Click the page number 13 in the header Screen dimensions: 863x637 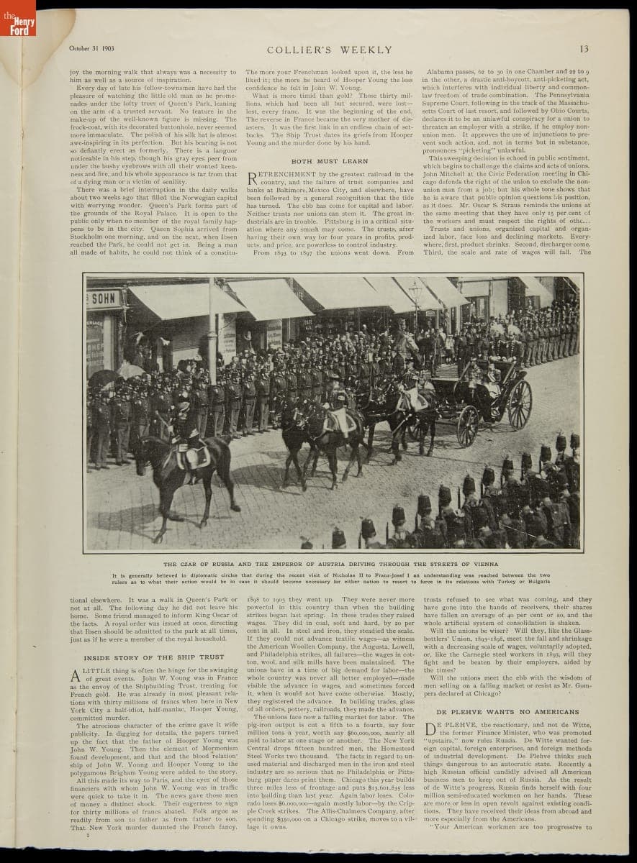(584, 50)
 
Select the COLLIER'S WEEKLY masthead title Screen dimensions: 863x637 (330, 50)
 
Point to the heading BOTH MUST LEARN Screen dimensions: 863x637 (329, 161)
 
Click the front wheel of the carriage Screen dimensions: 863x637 (467, 426)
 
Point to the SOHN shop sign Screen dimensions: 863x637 (105, 298)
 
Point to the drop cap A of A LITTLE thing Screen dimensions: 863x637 (74, 675)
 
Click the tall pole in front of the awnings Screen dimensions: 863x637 (212, 324)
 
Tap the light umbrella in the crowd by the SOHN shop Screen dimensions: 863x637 (130, 371)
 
